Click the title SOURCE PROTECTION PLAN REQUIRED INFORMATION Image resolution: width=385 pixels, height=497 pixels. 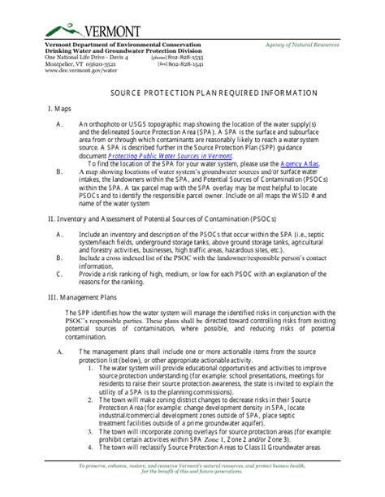pos(192,93)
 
